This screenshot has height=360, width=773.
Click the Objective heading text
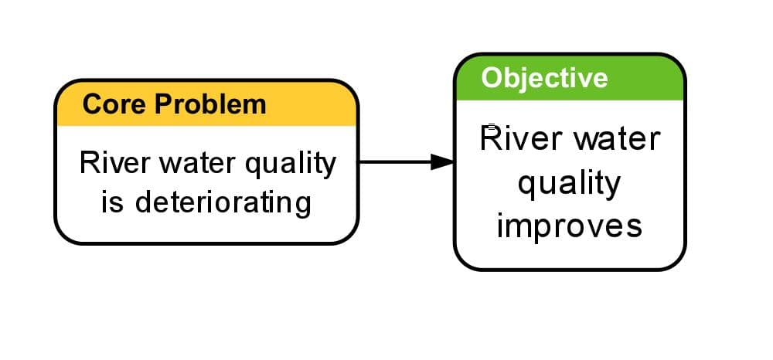[x=544, y=78]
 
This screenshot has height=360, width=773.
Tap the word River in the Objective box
[x=516, y=139]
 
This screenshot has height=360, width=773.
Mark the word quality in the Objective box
[x=569, y=185]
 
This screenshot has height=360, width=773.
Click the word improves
[x=569, y=226]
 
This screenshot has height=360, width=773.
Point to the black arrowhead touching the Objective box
[x=442, y=161]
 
